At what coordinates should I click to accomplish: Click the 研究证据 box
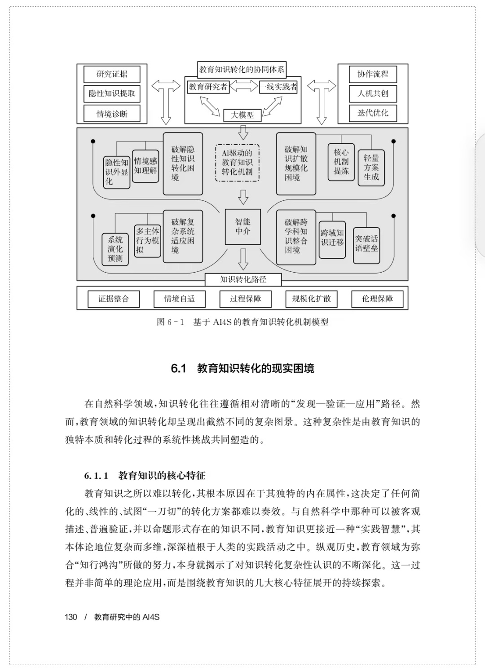tap(112, 74)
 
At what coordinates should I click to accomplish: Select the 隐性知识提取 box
tap(112, 94)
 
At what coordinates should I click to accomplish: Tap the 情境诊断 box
tap(112, 114)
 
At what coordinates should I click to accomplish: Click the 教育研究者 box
tap(208, 87)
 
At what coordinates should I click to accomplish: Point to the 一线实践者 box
tap(278, 87)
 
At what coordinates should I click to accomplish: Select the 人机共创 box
tap(373, 94)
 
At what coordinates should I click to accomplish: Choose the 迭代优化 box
tap(373, 113)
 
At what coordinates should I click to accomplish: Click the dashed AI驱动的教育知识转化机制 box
tap(237, 163)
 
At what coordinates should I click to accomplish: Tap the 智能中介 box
tap(243, 227)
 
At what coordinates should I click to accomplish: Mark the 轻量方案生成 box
tap(371, 168)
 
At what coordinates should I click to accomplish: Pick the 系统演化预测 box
tap(115, 249)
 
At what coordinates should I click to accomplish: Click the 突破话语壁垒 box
tap(366, 245)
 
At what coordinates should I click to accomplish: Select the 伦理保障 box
tap(377, 299)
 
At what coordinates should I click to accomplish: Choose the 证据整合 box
tap(114, 299)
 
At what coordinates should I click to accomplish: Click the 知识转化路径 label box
tap(243, 280)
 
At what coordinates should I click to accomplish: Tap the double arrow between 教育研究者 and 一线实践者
tap(244, 86)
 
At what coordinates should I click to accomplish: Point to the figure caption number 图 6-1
tap(170, 322)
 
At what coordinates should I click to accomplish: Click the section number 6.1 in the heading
tap(179, 368)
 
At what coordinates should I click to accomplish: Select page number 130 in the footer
tap(71, 617)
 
